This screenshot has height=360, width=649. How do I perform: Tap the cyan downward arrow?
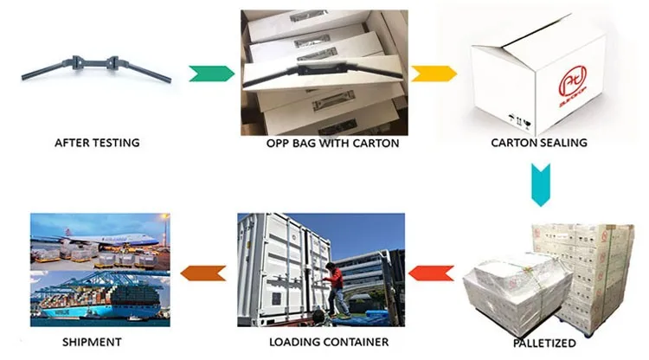[539, 184]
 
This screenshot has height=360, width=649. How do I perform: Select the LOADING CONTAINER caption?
[321, 341]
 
